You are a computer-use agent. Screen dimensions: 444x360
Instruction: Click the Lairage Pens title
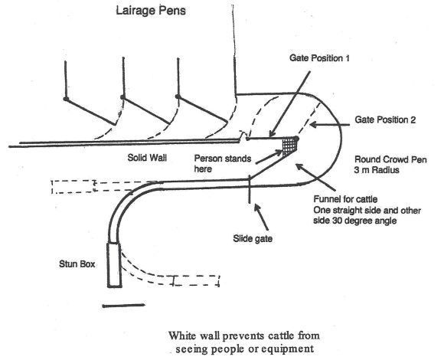[x=151, y=11]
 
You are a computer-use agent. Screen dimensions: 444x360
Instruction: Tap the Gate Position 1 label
[x=319, y=58]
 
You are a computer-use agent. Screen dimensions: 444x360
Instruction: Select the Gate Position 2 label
[x=385, y=119]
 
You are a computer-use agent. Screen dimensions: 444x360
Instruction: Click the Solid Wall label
[x=147, y=158]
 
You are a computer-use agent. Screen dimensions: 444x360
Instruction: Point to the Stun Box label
[x=77, y=264]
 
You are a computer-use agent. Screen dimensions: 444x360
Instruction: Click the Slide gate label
[x=253, y=238]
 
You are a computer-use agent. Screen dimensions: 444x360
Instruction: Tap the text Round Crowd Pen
[x=390, y=159]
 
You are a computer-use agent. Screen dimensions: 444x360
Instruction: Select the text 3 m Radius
[x=377, y=170]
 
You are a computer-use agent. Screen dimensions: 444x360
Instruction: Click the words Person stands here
[x=223, y=164]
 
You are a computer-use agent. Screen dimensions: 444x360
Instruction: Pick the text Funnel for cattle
[x=345, y=199]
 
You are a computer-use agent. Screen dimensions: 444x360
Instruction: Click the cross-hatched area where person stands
[x=289, y=146]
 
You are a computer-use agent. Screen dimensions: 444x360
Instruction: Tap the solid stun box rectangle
[x=114, y=265]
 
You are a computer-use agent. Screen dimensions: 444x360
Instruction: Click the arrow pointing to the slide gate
[x=261, y=218]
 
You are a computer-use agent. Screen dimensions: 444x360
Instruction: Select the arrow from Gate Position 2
[x=330, y=125]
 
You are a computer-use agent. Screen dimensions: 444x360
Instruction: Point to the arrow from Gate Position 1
[x=289, y=104]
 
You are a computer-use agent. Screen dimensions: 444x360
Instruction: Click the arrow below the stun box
[x=124, y=306]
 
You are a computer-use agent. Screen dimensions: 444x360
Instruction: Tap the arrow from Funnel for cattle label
[x=315, y=177]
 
